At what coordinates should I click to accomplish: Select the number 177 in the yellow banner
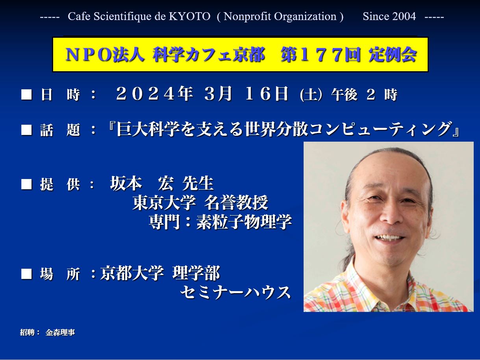coord(321,55)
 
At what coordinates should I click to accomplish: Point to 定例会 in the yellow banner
coord(392,55)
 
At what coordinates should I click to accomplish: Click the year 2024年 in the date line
coord(155,94)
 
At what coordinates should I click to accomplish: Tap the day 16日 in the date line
coord(267,94)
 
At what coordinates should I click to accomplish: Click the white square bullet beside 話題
coord(26,130)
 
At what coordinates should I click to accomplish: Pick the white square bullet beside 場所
coord(26,274)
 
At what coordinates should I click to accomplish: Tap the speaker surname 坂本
coord(126,183)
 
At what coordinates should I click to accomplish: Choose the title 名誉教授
coord(236,202)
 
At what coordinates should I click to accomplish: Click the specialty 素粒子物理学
coord(244,222)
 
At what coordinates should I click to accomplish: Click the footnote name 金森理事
coord(60,332)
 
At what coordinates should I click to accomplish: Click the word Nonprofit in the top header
coord(247,17)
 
